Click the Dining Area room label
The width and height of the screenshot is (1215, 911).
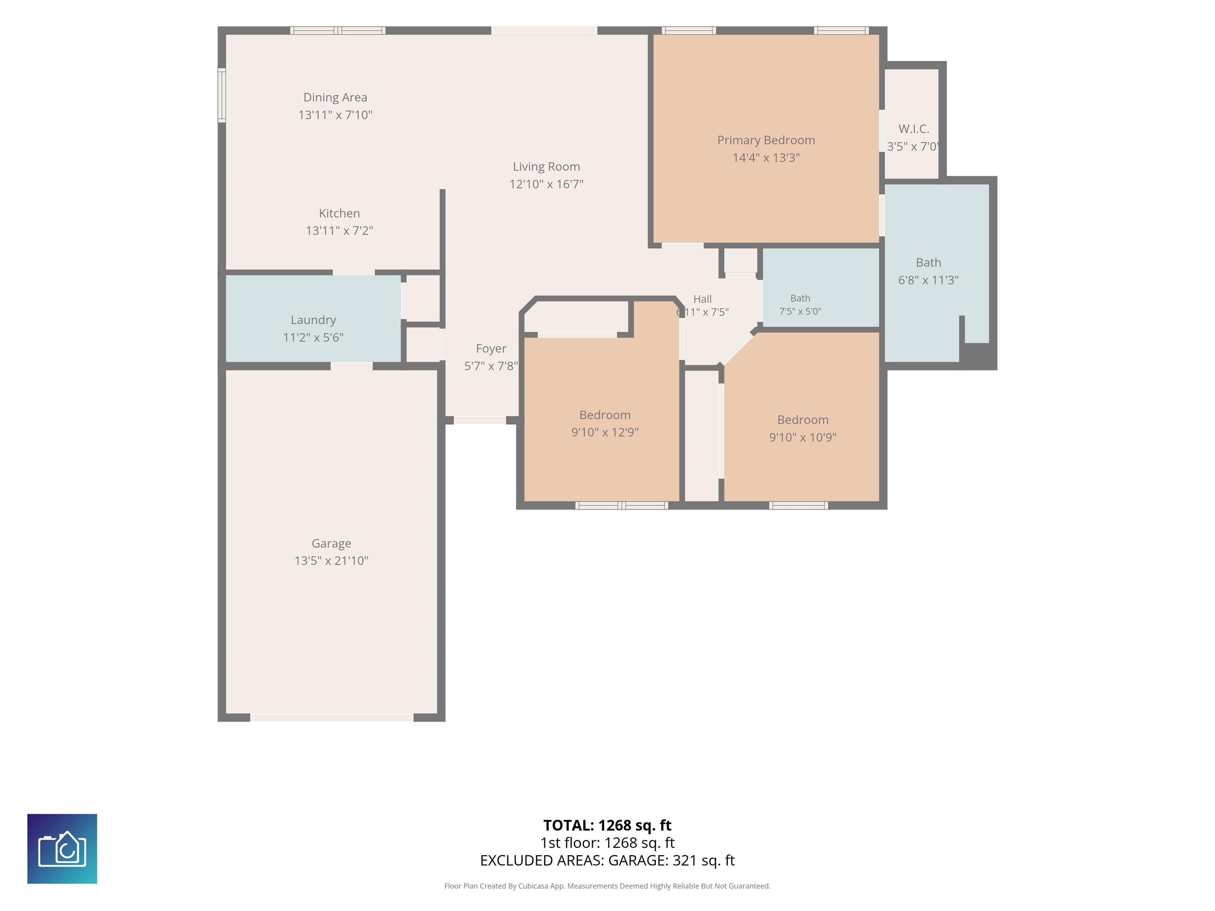pyautogui.click(x=335, y=97)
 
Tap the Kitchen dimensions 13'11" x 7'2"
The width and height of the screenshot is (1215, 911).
pyautogui.click(x=339, y=231)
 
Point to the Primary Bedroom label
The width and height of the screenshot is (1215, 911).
pyautogui.click(x=766, y=140)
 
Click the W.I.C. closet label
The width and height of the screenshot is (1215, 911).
pyautogui.click(x=914, y=129)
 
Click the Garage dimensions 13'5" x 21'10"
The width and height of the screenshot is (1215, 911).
pyautogui.click(x=331, y=561)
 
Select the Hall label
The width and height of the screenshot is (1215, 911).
pyautogui.click(x=702, y=299)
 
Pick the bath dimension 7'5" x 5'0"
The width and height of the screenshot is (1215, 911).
pyautogui.click(x=800, y=311)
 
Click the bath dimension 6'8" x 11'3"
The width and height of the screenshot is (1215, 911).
pyautogui.click(x=928, y=280)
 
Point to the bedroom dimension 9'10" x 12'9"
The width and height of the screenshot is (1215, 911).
pyautogui.click(x=605, y=432)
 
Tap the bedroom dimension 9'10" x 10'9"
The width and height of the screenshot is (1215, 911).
pyautogui.click(x=802, y=437)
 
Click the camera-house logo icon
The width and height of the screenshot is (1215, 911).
pyautogui.click(x=62, y=849)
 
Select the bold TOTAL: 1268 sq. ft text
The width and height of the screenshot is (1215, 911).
pyautogui.click(x=607, y=825)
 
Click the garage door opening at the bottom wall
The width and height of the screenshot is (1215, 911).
pyautogui.click(x=332, y=717)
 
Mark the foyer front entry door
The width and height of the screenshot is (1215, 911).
pyautogui.click(x=479, y=420)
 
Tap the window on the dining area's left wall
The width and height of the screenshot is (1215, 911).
pyautogui.click(x=222, y=95)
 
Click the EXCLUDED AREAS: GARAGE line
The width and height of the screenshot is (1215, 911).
pyautogui.click(x=607, y=860)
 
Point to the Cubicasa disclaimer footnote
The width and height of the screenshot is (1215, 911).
pyautogui.click(x=607, y=886)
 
